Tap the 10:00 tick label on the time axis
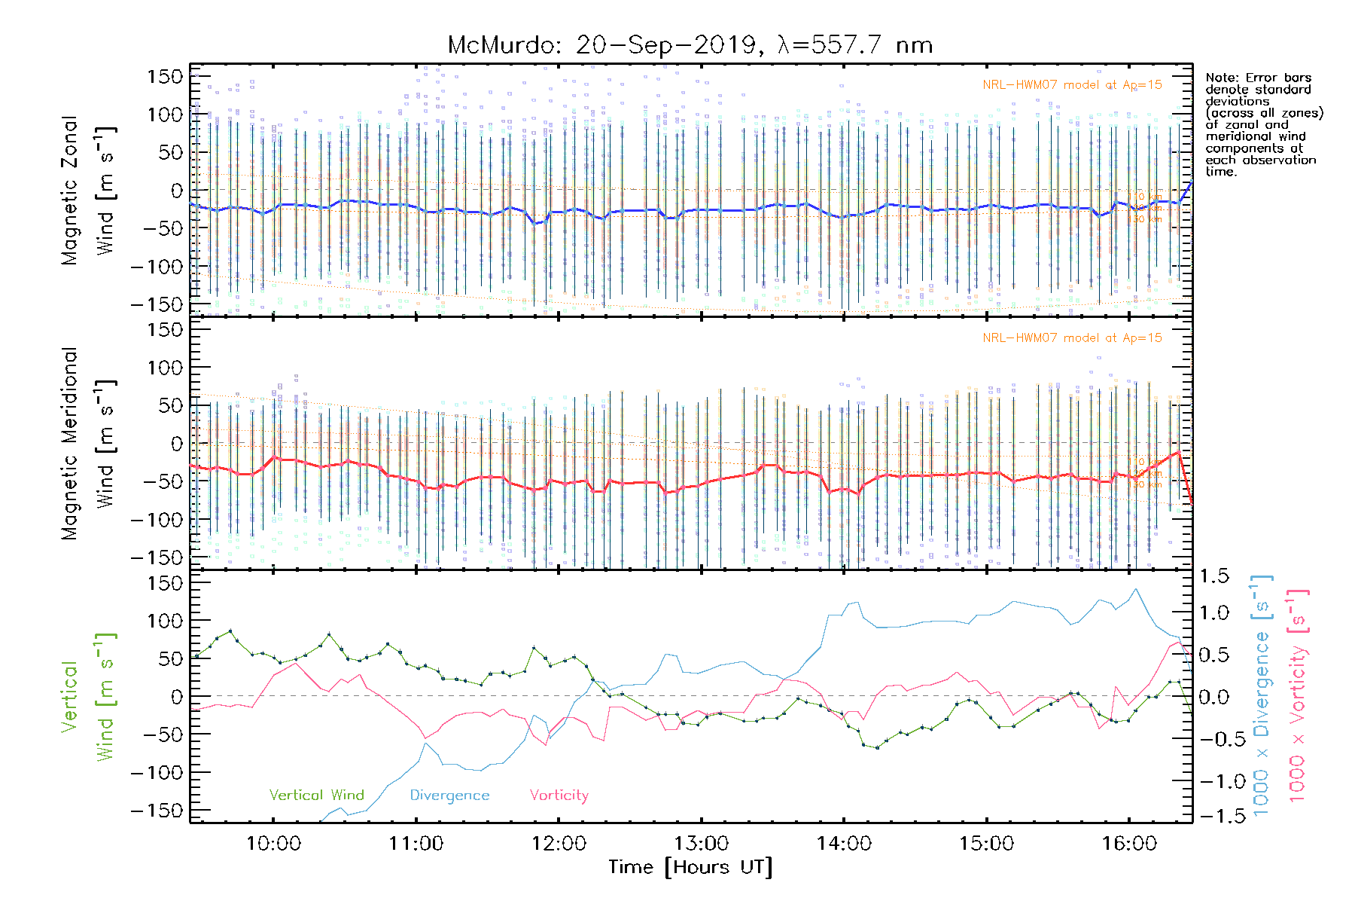[273, 844]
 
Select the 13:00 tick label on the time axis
[702, 844]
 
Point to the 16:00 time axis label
[1129, 844]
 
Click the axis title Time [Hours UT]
[690, 867]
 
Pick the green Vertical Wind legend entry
[316, 795]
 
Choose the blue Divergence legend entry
[449, 795]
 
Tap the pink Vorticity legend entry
[559, 795]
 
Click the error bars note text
[1263, 124]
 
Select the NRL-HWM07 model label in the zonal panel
[1072, 85]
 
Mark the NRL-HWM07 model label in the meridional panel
[1072, 338]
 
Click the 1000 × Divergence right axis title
[1262, 695]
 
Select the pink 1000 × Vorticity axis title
[1297, 695]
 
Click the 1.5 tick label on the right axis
[1213, 576]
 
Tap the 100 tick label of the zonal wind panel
[166, 115]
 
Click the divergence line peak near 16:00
[1135, 589]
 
